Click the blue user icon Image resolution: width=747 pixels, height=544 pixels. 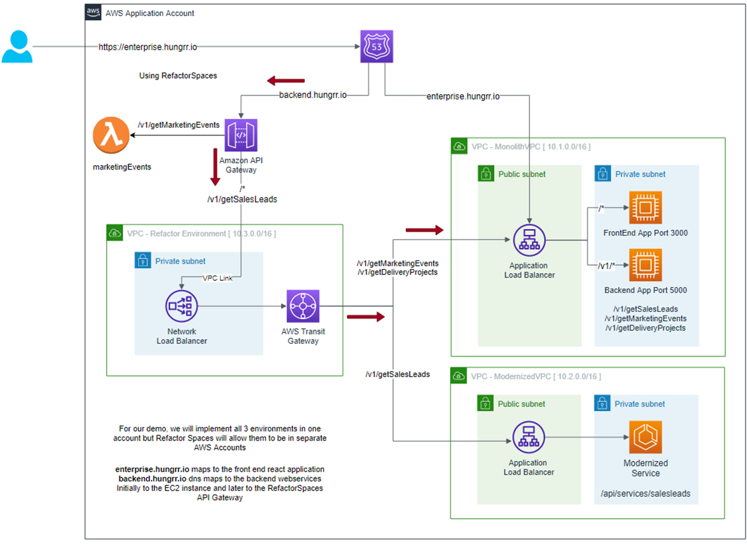(17, 47)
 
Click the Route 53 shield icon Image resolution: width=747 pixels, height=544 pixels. (377, 47)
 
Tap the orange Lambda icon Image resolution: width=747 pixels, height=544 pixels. (111, 136)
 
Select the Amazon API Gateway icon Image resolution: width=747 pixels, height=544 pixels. (241, 135)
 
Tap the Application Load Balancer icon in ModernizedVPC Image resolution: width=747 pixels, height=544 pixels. (529, 437)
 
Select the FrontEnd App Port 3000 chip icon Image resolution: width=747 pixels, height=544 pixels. (645, 207)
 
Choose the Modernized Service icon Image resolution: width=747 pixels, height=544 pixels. (645, 437)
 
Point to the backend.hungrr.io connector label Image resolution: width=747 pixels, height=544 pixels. (312, 96)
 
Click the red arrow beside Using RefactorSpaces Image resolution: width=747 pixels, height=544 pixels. (286, 81)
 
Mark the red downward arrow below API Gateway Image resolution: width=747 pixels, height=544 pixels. (215, 167)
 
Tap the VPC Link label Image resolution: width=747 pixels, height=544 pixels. (218, 278)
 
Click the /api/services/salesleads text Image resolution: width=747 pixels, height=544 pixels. (646, 494)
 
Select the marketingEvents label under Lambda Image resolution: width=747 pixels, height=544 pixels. (121, 167)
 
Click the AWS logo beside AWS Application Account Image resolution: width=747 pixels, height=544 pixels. (93, 13)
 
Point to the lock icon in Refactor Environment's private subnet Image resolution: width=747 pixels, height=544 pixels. (143, 261)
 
